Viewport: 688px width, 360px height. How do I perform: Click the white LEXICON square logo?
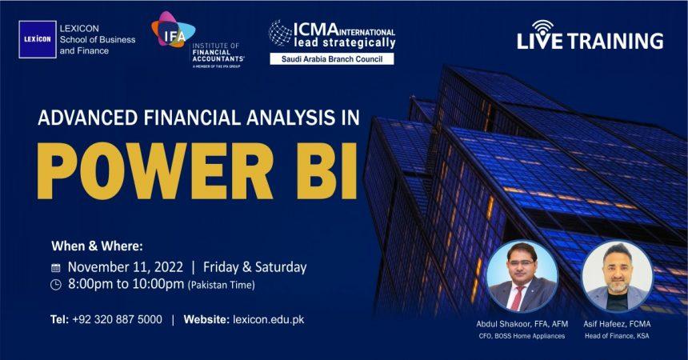point(38,39)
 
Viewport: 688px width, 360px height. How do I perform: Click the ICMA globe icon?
point(280,33)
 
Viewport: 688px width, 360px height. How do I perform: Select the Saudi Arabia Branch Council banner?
point(331,58)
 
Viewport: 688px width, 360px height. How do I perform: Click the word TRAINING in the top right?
point(618,42)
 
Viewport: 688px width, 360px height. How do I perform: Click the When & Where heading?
point(97,246)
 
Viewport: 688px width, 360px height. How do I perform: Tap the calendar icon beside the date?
point(56,268)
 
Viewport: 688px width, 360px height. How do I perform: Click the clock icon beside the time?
point(56,285)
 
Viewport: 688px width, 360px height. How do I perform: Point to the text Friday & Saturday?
point(254,267)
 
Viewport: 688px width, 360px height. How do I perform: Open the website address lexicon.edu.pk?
point(268,319)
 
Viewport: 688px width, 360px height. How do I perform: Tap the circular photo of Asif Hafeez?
point(617,276)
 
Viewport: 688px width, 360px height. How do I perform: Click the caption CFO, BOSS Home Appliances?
point(517,336)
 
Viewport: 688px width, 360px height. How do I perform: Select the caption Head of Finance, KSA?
point(617,336)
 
